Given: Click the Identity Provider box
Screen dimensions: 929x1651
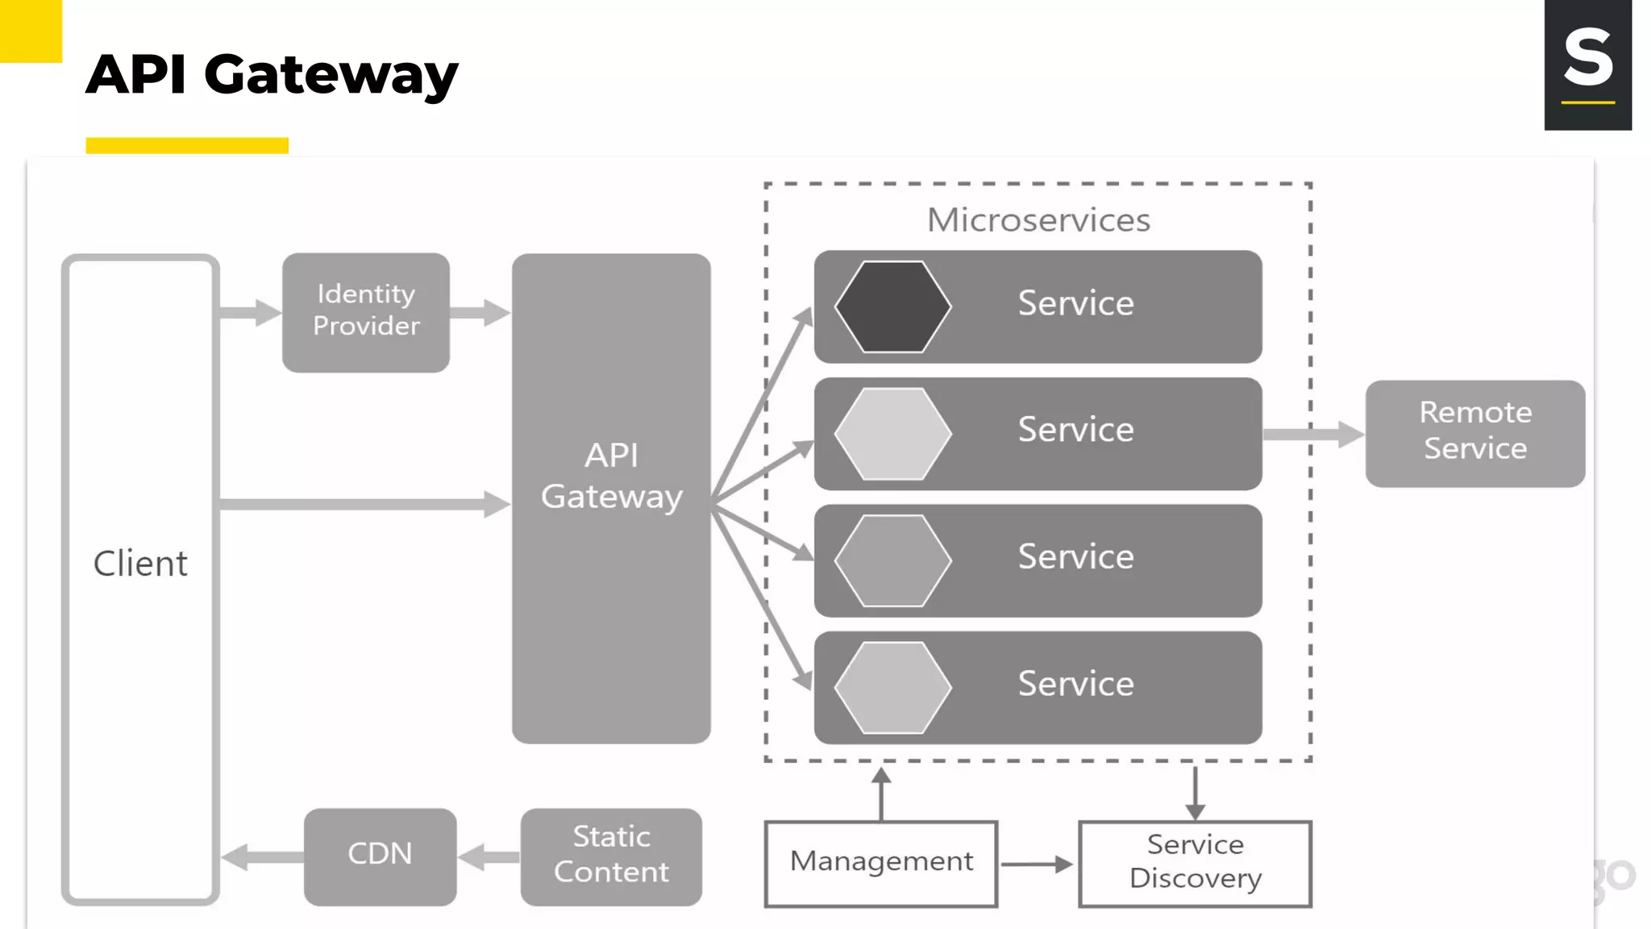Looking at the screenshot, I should (365, 312).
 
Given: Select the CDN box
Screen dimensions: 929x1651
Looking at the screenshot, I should (380, 856).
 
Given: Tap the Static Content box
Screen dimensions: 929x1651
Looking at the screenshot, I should (611, 856).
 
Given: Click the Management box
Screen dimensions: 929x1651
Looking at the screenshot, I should (880, 863).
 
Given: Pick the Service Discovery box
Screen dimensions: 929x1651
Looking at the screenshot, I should (1195, 863).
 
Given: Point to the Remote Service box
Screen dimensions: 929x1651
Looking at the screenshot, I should (1474, 433).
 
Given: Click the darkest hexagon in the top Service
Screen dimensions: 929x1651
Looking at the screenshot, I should (892, 306).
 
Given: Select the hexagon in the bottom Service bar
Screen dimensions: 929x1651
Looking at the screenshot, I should (892, 687).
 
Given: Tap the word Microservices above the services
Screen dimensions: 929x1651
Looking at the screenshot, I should (1038, 220).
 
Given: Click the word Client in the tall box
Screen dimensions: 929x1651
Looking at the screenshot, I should (140, 563).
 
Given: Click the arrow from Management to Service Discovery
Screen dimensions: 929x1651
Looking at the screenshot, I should (1037, 864).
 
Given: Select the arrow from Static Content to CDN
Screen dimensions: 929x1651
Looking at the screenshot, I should (489, 856).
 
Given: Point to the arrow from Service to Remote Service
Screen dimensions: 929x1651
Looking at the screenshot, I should (1312, 434).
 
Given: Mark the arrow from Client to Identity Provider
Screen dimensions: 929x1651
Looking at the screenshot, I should (250, 312).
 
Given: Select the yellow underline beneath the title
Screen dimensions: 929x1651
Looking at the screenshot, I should (187, 145).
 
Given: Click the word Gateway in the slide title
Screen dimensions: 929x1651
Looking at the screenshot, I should (331, 74).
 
